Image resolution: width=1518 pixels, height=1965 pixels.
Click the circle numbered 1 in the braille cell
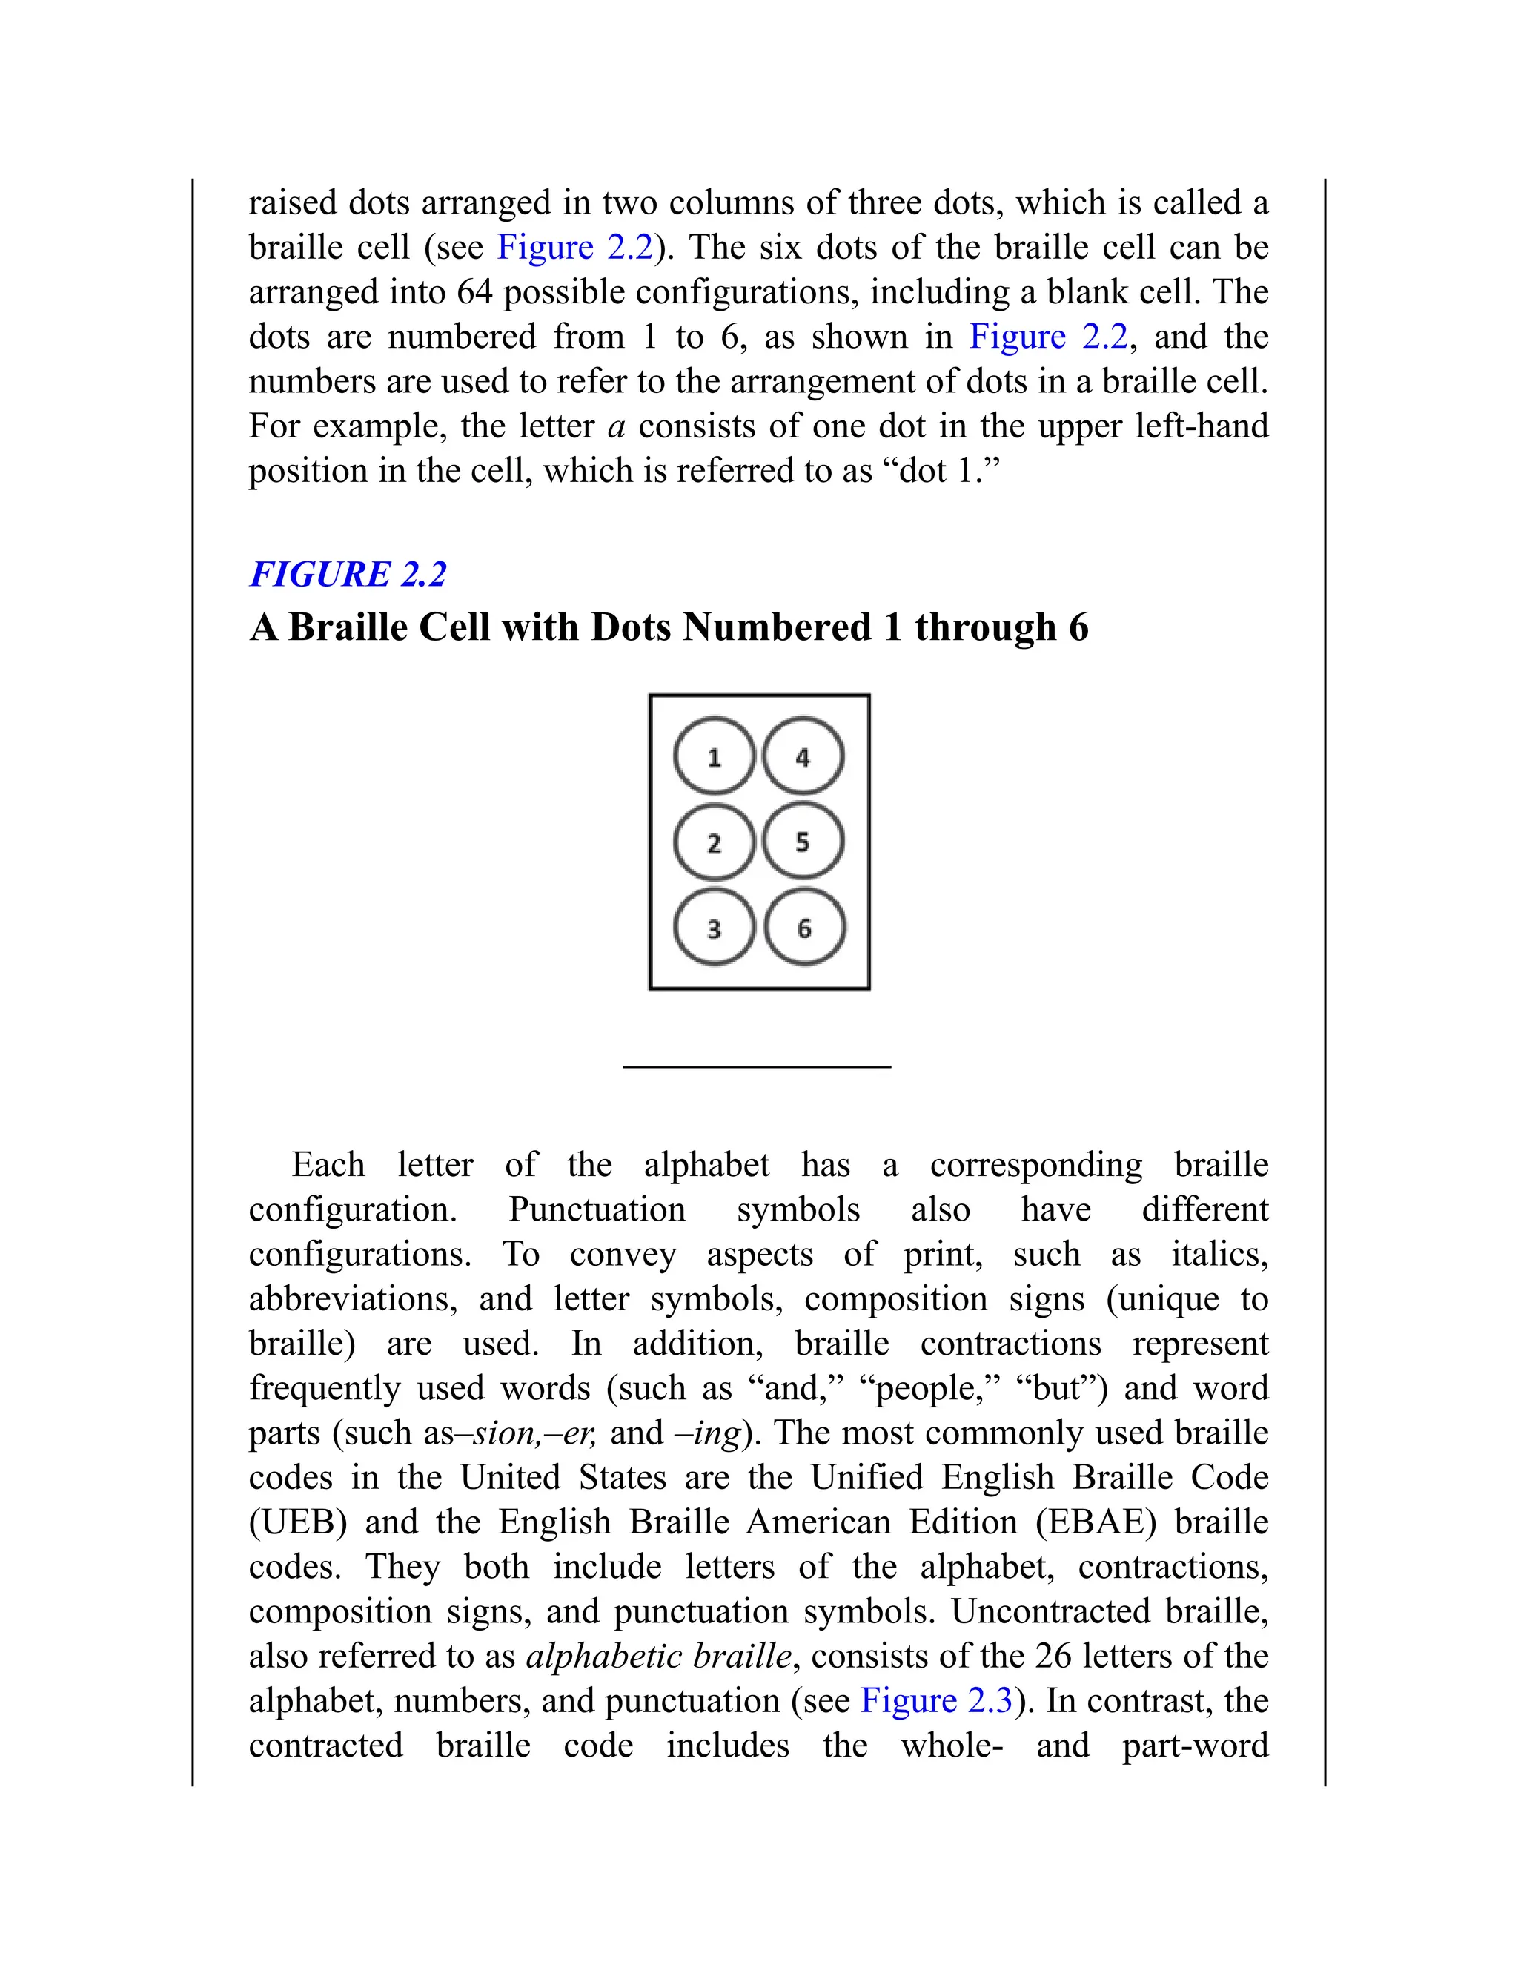[x=714, y=756]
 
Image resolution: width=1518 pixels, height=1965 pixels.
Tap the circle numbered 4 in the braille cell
[x=803, y=756]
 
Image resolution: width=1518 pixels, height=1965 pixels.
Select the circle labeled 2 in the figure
[x=714, y=842]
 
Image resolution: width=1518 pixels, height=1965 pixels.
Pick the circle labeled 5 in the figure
[x=803, y=842]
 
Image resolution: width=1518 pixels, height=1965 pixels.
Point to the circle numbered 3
[x=714, y=928]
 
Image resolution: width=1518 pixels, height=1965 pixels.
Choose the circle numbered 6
[x=804, y=928]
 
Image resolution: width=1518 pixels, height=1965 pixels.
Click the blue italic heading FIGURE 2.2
[x=348, y=574]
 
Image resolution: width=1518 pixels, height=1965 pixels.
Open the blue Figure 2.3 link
[x=936, y=1700]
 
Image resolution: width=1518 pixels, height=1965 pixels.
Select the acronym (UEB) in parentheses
[x=298, y=1522]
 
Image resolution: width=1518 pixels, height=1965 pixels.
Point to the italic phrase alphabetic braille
[x=658, y=1657]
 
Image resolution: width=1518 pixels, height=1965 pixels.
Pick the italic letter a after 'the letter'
[x=616, y=426]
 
